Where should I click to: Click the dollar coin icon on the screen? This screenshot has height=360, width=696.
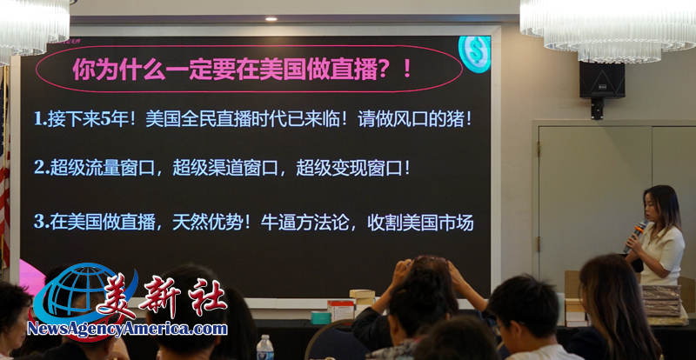(x=474, y=53)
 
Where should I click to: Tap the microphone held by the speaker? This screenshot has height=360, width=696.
(x=635, y=236)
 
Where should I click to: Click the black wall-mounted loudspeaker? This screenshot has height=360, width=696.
(x=601, y=80)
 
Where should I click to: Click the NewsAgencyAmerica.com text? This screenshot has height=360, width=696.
(x=127, y=329)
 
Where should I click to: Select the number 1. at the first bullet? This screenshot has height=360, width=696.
(x=40, y=120)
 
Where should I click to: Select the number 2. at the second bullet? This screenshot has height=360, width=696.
(x=41, y=169)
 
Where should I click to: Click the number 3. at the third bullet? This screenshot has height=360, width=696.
(x=41, y=222)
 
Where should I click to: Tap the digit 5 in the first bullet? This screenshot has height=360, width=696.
(x=104, y=120)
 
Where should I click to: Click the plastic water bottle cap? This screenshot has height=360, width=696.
(x=264, y=338)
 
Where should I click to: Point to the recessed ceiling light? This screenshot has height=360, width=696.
(x=271, y=19)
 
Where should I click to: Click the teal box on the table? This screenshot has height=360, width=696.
(x=320, y=317)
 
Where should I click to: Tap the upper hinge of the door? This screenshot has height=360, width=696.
(x=539, y=150)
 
